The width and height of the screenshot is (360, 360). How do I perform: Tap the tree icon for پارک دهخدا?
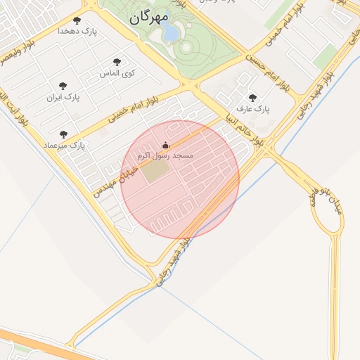(x=77, y=20)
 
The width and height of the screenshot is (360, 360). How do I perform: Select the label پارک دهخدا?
(x=77, y=32)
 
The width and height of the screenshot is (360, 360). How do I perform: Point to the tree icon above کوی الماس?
(x=117, y=62)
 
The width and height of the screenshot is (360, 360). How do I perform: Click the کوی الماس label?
(x=117, y=73)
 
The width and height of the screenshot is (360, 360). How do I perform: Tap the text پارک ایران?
(x=63, y=97)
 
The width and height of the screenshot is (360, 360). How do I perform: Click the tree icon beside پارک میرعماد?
(x=63, y=134)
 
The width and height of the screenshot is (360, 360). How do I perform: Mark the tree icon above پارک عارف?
(x=252, y=98)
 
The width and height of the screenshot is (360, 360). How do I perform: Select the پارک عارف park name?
(x=253, y=109)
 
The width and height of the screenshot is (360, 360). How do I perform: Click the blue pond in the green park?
(x=170, y=34)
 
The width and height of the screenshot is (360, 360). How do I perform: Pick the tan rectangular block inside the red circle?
(x=155, y=172)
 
